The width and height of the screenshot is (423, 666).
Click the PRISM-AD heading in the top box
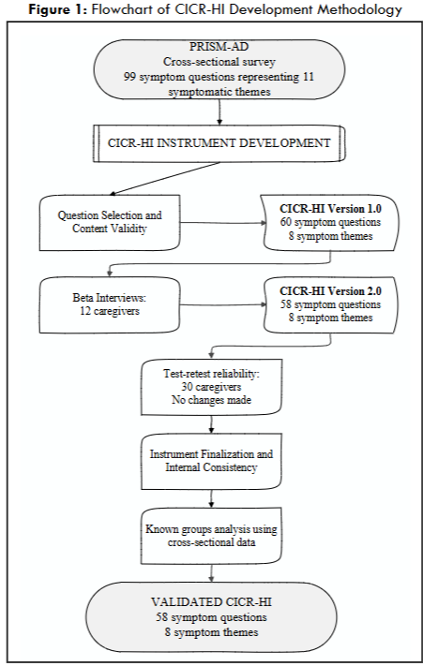219,46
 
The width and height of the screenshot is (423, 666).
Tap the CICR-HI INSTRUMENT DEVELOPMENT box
219,145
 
